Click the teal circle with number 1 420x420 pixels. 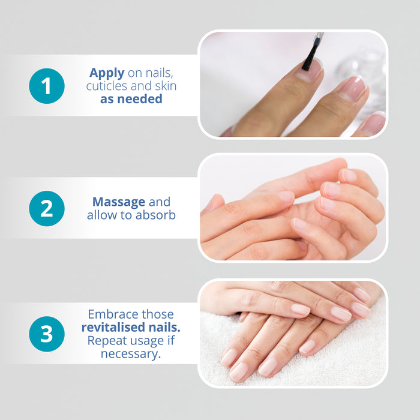[x=46, y=86]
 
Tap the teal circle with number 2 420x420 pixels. [x=46, y=208]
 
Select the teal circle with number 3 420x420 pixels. [x=46, y=334]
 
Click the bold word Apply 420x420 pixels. [x=107, y=73]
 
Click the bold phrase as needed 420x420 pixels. [x=131, y=99]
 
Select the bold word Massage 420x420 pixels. [x=119, y=202]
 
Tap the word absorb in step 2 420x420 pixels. [x=155, y=215]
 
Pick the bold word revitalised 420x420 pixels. [x=112, y=328]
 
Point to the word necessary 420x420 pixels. [x=131, y=353]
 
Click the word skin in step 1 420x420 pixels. [x=164, y=86]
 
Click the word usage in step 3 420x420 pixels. [x=143, y=341]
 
